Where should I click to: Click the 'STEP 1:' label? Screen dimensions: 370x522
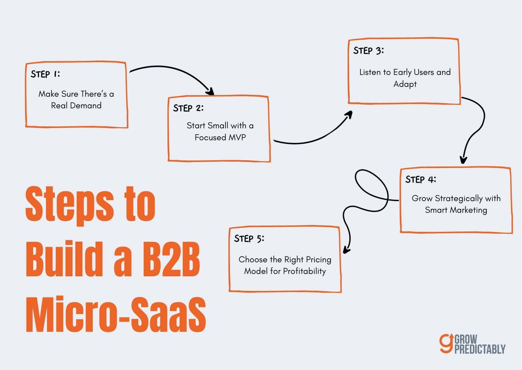[x=45, y=74]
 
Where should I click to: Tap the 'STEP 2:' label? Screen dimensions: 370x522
[x=188, y=108]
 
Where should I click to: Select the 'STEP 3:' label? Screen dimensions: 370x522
[x=368, y=51]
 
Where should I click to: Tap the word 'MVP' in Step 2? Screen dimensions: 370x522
[x=237, y=137]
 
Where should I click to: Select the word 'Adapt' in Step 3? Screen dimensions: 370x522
[x=405, y=84]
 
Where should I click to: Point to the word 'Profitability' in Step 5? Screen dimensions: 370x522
[x=304, y=271]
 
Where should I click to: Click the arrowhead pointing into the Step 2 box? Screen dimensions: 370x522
[x=211, y=91]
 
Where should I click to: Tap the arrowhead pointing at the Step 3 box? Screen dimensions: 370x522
[x=349, y=115]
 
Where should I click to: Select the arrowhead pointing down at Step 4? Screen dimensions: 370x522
[x=463, y=160]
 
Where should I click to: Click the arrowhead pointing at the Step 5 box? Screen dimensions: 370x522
[x=346, y=250]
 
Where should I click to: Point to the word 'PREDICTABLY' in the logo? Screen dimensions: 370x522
[x=480, y=349]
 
